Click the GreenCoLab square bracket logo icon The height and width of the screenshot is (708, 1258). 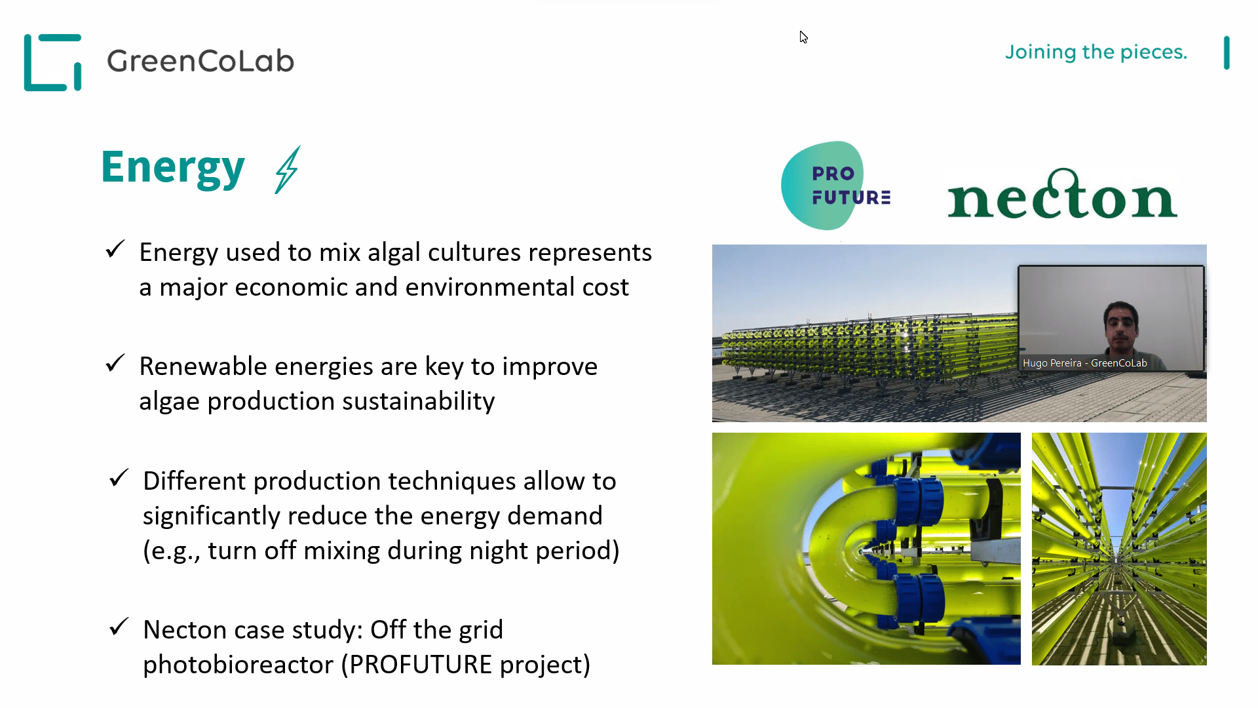[52, 62]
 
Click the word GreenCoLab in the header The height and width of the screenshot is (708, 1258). [200, 61]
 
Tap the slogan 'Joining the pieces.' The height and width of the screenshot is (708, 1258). [1096, 52]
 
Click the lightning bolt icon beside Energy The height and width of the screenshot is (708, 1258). [288, 170]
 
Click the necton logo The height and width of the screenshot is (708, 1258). [1062, 194]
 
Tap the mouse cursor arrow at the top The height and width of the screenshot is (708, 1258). [803, 37]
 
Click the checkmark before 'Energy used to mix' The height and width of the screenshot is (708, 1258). [115, 249]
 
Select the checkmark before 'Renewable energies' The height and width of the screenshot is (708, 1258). [115, 363]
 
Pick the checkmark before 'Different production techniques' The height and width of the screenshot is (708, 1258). [119, 478]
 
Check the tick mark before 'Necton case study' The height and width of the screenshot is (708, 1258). [119, 627]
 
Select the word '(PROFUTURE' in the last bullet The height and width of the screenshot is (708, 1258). [417, 665]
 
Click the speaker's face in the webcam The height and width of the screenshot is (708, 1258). [1121, 324]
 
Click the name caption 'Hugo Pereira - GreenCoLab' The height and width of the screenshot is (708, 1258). [1085, 363]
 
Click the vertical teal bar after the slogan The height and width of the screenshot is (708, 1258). [1227, 53]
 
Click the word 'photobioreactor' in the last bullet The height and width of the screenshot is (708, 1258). [238, 665]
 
